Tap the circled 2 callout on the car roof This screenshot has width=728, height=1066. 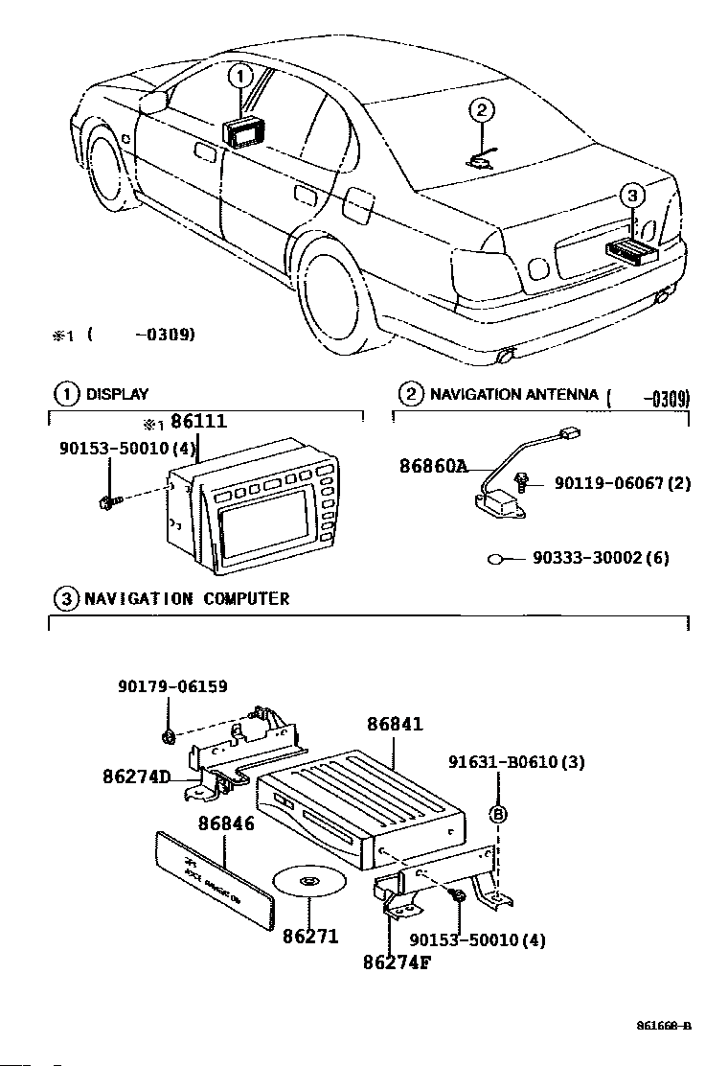click(482, 111)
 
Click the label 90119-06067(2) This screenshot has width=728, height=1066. click(622, 484)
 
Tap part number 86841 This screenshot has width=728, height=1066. click(394, 725)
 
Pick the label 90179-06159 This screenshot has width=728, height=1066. click(172, 686)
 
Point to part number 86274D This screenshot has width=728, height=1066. click(136, 776)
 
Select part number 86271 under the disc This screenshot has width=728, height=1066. click(310, 935)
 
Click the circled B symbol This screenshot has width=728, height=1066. click(498, 814)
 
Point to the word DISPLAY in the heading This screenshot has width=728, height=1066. click(117, 394)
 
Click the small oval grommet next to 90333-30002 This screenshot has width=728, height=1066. click(497, 558)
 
